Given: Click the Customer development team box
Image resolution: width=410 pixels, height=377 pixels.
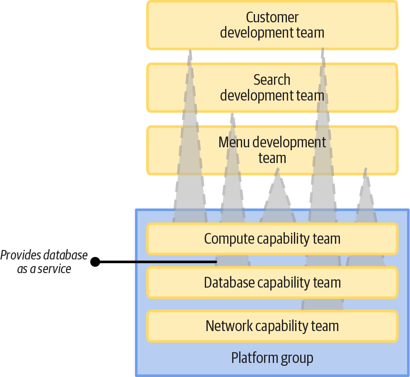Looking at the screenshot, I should tap(272, 25).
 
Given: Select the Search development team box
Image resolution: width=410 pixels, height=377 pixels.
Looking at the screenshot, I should tap(272, 87).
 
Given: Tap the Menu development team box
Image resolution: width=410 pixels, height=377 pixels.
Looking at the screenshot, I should tap(272, 150).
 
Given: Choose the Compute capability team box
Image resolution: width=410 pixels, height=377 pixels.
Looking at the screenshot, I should tap(272, 239).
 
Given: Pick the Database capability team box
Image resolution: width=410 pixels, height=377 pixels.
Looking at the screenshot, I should tap(272, 283).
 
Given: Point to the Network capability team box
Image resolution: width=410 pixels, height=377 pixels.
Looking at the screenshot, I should tap(272, 326).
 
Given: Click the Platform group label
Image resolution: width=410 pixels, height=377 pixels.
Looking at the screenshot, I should tap(272, 358).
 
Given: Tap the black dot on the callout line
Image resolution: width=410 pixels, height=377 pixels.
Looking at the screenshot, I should tap(95, 262).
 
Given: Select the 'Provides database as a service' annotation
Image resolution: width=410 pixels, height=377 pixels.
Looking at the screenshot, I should tap(44, 262).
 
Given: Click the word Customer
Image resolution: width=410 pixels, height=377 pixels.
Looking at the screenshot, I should tap(272, 17).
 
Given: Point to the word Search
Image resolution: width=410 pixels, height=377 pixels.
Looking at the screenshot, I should tap(272, 80).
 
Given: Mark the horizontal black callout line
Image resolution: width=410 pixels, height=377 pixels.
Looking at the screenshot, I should tap(158, 262).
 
